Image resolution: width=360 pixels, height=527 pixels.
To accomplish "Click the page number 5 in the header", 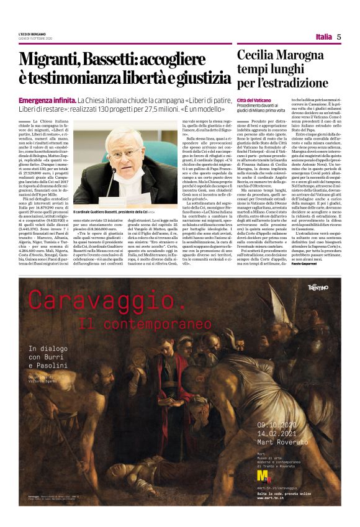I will coord(339,37).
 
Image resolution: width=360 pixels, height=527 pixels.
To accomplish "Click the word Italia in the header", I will coord(323,37).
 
